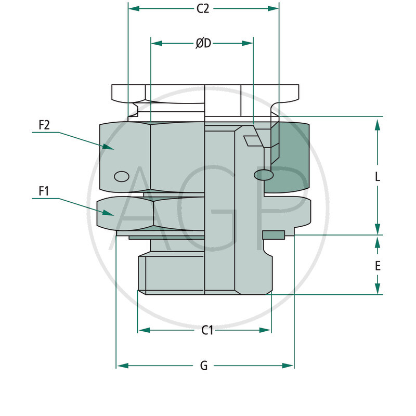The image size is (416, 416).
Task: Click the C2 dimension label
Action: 203,9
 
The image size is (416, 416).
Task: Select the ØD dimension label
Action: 203,44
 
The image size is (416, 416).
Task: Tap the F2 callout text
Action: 44,125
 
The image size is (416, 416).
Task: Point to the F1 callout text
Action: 44,191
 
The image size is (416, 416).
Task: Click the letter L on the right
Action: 378,177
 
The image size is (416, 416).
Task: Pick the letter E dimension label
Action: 378,266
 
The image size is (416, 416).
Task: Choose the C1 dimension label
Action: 207,330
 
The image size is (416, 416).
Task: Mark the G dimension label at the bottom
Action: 204,366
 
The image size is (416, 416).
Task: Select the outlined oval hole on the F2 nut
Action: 121,176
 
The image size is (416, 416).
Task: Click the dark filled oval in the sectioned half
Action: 264,175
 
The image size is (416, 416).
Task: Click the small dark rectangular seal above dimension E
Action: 274,235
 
